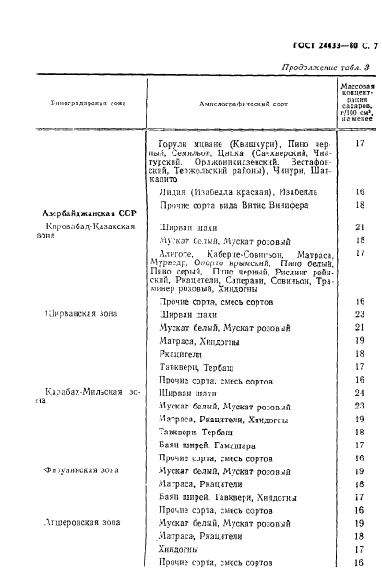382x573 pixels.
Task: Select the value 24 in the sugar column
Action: point(359,392)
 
